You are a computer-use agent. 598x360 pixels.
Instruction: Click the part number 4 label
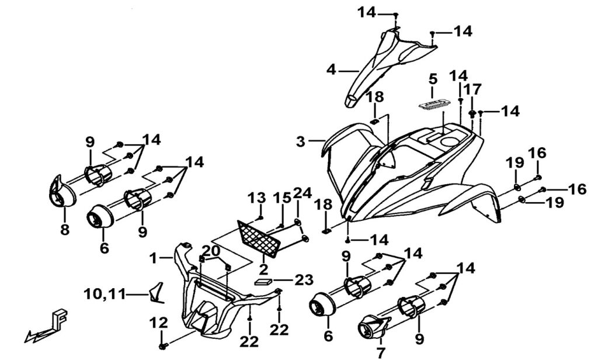tap(331, 70)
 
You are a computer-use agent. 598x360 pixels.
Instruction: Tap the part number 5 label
tap(433, 78)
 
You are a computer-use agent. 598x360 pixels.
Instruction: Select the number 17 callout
tap(473, 89)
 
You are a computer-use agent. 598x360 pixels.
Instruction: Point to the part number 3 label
tap(300, 141)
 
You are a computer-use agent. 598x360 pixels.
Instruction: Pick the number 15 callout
tap(283, 198)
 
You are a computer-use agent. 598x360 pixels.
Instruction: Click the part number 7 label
tap(381, 352)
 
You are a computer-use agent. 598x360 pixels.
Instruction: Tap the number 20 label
tap(211, 249)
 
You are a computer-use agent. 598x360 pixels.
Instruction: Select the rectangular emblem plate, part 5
tap(433, 102)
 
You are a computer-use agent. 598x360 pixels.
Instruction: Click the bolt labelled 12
tap(162, 346)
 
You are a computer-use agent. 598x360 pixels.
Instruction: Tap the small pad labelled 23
tap(262, 280)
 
